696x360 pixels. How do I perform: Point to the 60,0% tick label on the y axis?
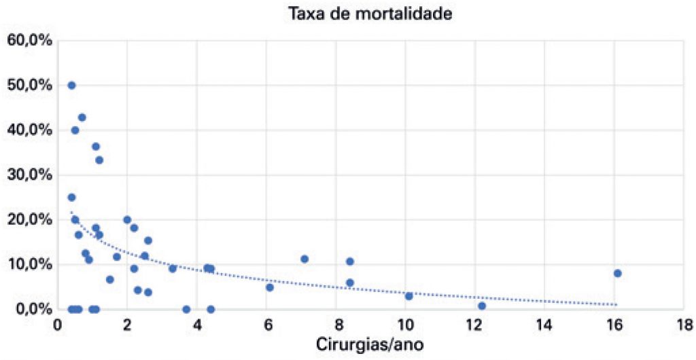click(29, 40)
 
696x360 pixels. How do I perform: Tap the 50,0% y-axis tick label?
click(29, 85)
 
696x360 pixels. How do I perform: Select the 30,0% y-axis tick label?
click(29, 175)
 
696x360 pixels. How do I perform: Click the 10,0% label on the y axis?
click(29, 264)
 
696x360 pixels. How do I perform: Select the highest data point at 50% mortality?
click(71, 86)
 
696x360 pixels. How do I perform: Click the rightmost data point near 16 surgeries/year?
click(617, 273)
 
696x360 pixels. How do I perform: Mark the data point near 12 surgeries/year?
click(482, 306)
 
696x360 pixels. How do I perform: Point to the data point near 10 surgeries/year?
click(408, 296)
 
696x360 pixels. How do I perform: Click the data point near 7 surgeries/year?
click(304, 259)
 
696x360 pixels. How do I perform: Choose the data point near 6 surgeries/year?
click(270, 287)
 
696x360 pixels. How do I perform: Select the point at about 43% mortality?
click(82, 118)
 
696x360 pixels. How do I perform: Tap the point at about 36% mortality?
click(96, 147)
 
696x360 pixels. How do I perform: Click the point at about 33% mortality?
click(99, 160)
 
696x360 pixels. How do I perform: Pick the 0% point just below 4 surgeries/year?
click(186, 309)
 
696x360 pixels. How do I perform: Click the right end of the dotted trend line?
click(616, 304)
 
